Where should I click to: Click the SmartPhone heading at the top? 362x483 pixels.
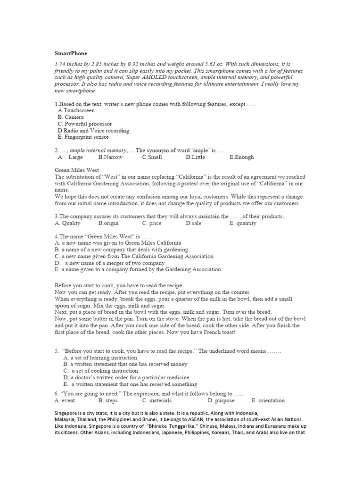tap(71, 53)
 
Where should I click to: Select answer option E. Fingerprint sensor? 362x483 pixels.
tap(83, 137)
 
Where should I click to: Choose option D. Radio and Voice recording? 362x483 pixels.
tap(93, 130)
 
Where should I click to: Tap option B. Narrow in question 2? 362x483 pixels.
tap(110, 157)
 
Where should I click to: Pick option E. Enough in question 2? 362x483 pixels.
tap(241, 157)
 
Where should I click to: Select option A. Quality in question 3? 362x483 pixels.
tap(67, 223)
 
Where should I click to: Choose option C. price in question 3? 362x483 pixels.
tap(152, 223)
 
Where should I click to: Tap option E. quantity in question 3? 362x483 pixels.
tap(243, 223)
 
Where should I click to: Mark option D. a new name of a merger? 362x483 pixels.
tap(109, 263)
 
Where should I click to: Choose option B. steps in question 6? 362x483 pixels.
tap(108, 400)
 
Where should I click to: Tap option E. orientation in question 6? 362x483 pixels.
tap(268, 400)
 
